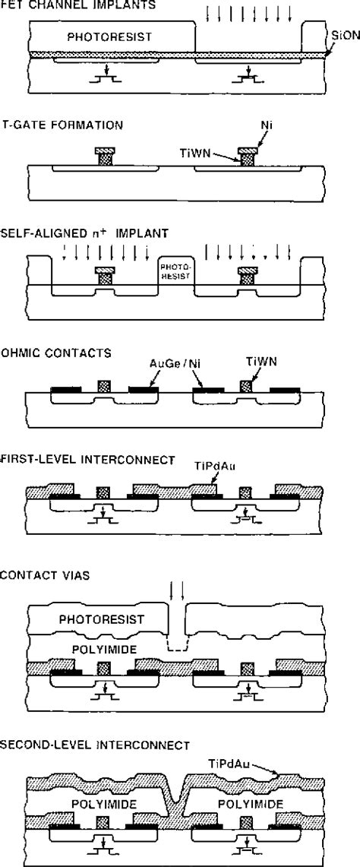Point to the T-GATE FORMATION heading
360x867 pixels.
69,123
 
